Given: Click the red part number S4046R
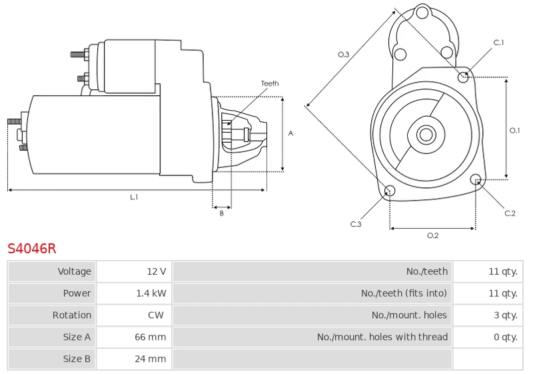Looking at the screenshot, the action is click(31, 249).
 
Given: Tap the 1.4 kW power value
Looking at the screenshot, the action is click(151, 293).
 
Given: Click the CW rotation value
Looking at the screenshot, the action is click(156, 315).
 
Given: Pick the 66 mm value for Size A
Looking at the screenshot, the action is click(151, 337).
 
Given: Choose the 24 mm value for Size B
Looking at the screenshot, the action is click(151, 359).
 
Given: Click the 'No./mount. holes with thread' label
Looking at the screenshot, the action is click(382, 337).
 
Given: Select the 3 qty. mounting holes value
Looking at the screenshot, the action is click(506, 315).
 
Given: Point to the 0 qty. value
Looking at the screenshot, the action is click(506, 337).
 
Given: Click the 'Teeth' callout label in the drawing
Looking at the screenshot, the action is click(270, 83).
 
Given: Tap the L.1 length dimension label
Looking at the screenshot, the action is click(135, 197).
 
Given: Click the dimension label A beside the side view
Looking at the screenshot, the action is click(290, 133).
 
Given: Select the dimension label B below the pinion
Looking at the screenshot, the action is click(222, 213).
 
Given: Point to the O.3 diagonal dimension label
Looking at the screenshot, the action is click(343, 55).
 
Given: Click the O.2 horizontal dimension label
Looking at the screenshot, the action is click(432, 235).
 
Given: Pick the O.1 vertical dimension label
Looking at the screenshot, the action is click(514, 130).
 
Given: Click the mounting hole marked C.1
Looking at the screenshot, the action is click(463, 77).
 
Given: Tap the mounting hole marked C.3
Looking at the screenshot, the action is click(390, 191).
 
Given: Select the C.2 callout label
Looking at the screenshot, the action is click(510, 213).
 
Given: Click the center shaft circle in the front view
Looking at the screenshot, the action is click(426, 134).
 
